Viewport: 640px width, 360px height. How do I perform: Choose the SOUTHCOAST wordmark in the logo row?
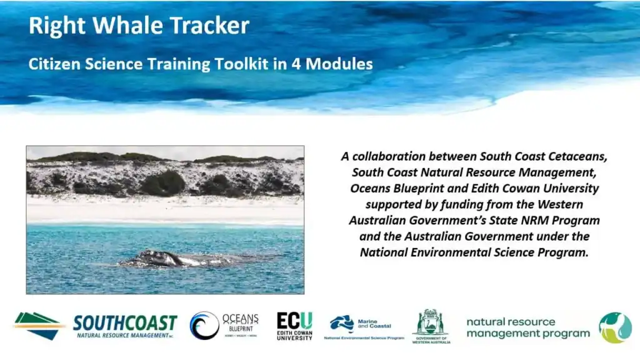pyautogui.click(x=125, y=323)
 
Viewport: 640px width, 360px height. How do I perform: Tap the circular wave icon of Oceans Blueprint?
pyautogui.click(x=204, y=326)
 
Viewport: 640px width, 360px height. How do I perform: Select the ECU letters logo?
pyautogui.click(x=294, y=321)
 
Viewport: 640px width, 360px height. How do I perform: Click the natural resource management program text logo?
pyautogui.click(x=527, y=327)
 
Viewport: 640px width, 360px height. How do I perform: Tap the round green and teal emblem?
pyautogui.click(x=615, y=327)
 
